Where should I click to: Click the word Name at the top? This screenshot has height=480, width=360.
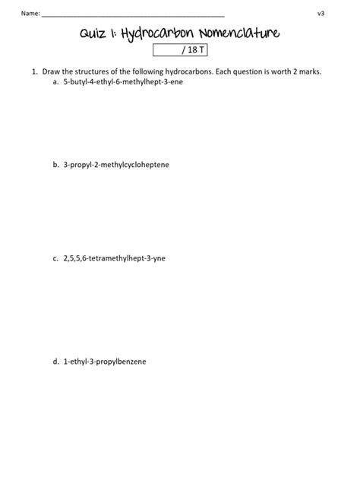point(30,14)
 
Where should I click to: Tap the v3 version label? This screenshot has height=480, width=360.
point(321,14)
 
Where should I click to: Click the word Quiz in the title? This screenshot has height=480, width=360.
point(96,33)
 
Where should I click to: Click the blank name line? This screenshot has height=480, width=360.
point(133,14)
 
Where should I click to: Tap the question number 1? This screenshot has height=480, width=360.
point(33,71)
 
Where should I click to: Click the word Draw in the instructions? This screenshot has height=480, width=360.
point(51,71)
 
